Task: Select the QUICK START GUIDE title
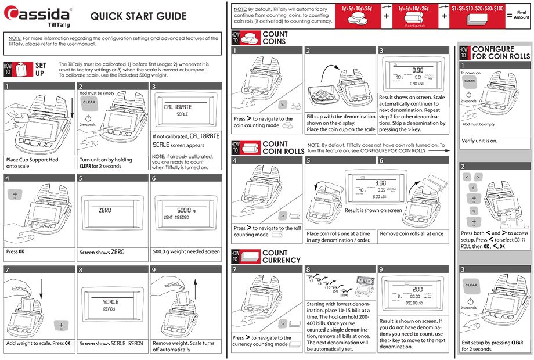[139, 16]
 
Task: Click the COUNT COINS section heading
[275, 38]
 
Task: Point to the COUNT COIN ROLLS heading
[283, 147]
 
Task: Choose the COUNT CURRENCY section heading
[282, 257]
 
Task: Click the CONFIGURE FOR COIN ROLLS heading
[501, 53]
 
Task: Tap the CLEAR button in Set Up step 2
[89, 102]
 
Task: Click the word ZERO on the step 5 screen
[105, 209]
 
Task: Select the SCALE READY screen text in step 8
[110, 305]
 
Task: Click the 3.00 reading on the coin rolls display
[381, 183]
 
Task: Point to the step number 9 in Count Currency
[381, 269]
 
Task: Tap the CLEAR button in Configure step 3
[471, 285]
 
